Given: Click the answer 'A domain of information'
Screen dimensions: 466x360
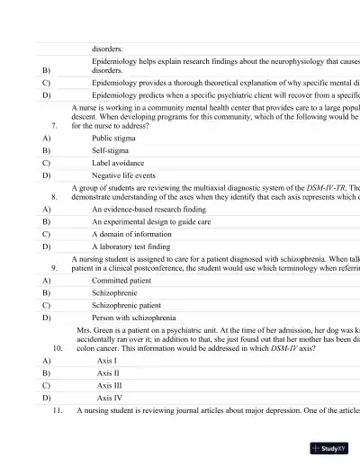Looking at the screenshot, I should [x=132, y=233].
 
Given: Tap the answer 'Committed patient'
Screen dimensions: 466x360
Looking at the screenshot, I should [x=121, y=280].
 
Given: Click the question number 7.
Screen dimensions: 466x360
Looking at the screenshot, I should [x=55, y=126].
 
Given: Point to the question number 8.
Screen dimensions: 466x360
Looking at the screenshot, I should [x=55, y=195].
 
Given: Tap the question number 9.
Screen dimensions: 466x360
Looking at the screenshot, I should [x=55, y=267].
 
